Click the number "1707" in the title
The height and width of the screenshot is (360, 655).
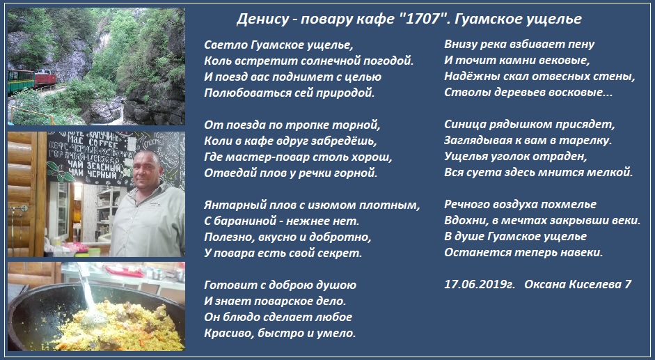pyautogui.click(x=423, y=19)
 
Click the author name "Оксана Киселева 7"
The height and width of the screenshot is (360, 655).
pyautogui.click(x=578, y=284)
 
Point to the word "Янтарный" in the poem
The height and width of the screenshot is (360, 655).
pyautogui.click(x=228, y=205)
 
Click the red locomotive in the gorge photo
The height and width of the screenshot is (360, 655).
pyautogui.click(x=45, y=78)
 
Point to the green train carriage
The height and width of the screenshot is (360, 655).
pyautogui.click(x=21, y=81)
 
